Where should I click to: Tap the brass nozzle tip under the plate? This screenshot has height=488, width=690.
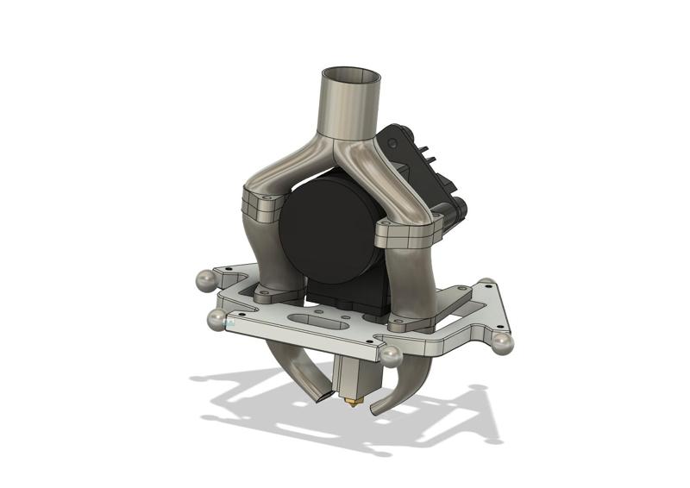(x=351, y=401)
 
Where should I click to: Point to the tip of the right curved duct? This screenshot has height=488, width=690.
(x=376, y=407)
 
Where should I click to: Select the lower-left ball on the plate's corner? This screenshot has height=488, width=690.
(x=216, y=321)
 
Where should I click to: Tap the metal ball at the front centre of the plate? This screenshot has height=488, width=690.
(x=391, y=355)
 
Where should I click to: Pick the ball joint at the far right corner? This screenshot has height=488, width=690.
(x=503, y=342)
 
